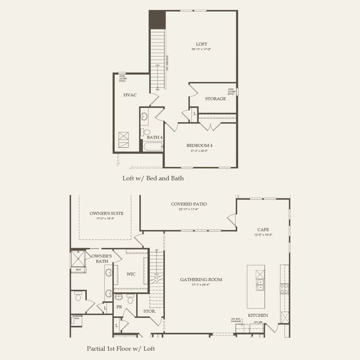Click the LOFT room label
[201, 44]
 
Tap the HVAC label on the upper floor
[130, 95]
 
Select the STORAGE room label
[215, 98]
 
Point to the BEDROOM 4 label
[200, 146]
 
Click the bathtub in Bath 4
[152, 147]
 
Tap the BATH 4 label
[154, 137]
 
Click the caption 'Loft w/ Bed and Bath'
[153, 178]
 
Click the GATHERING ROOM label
[201, 279]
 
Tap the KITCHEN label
[258, 315]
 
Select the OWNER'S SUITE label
[106, 213]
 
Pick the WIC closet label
[131, 274]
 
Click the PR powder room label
[119, 307]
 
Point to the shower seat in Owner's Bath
[78, 269]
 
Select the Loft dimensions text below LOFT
[201, 50]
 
